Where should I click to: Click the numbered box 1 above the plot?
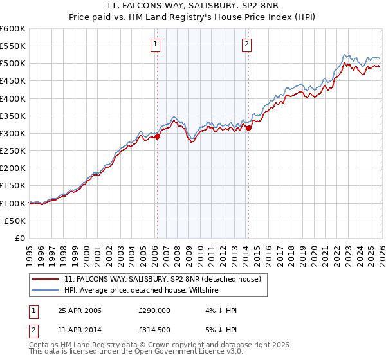point(156,44)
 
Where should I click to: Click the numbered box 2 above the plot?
point(247,44)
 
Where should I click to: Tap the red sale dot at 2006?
point(157,136)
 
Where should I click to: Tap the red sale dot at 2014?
point(248,128)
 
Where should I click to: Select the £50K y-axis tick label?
point(15,221)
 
